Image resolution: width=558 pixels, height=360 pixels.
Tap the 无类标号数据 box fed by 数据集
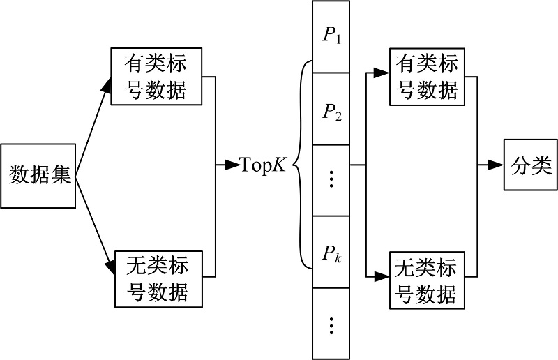point(159,278)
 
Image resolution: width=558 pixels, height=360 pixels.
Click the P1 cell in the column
point(331,36)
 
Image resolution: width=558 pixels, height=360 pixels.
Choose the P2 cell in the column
point(331,108)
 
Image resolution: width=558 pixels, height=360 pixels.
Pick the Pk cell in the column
point(331,253)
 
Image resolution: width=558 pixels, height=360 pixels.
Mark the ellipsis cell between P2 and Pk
point(331,179)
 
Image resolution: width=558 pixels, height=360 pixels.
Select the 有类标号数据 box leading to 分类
point(426,77)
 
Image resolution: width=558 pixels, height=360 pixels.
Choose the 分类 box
point(527,166)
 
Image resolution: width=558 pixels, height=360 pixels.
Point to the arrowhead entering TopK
point(232,166)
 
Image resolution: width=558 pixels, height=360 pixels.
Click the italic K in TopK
point(279,166)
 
